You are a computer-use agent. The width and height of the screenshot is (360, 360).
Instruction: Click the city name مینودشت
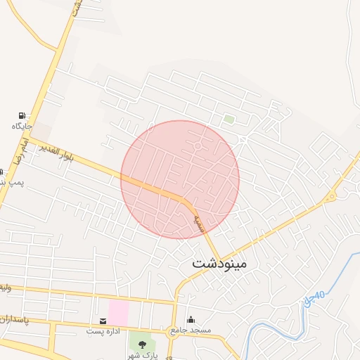tap(219, 264)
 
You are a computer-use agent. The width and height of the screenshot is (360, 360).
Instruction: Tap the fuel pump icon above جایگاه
tap(22, 115)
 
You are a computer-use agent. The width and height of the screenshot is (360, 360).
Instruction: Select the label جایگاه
tap(22, 127)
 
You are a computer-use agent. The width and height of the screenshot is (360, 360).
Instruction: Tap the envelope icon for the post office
tap(104, 321)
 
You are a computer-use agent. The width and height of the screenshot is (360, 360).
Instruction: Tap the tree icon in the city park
tap(143, 345)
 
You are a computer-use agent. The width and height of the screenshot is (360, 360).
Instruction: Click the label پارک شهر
tap(143, 355)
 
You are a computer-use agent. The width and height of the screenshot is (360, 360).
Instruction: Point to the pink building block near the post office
tap(118, 311)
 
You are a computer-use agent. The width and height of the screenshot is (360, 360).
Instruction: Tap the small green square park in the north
tap(229, 120)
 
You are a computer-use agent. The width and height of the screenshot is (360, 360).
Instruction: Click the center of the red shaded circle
tap(180, 179)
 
